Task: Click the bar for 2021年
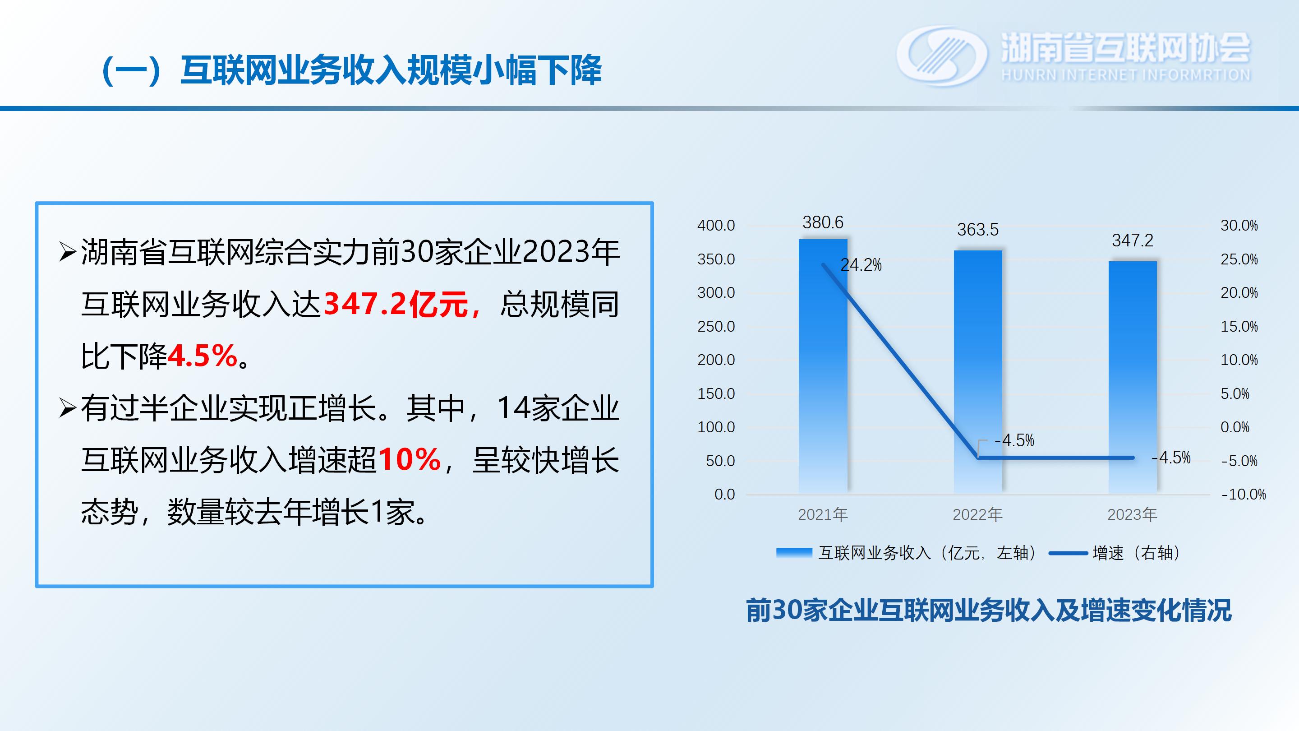(823, 366)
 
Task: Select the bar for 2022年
(978, 372)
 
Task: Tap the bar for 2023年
(1133, 377)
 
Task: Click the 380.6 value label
(823, 222)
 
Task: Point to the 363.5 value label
(978, 230)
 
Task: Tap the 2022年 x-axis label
(977, 514)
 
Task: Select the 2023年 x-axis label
(1132, 514)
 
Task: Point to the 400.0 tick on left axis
(716, 226)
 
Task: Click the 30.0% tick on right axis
(1239, 226)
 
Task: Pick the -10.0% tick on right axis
(1244, 495)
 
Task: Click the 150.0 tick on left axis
(716, 393)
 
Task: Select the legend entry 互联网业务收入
(906, 553)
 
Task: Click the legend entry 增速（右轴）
(1115, 553)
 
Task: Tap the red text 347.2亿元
(396, 304)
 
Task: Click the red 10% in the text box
(410, 460)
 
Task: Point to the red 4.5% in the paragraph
(202, 356)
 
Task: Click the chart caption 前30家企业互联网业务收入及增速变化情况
(988, 611)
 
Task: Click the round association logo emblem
(941, 56)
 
